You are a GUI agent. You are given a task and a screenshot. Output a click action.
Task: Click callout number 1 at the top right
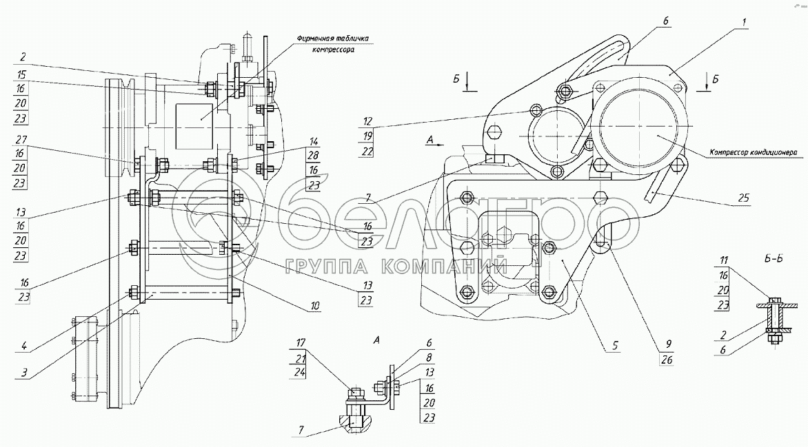click(x=744, y=23)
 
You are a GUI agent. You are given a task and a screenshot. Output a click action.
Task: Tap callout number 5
click(x=615, y=346)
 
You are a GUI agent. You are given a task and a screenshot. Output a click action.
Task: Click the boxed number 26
click(x=667, y=360)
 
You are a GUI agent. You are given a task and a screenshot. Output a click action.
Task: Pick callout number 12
click(x=367, y=121)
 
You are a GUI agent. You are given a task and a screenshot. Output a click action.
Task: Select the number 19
click(x=367, y=136)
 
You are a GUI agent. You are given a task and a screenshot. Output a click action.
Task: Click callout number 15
click(x=20, y=74)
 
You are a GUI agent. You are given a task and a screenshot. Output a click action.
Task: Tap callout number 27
click(x=20, y=138)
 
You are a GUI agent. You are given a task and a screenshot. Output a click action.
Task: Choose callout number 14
click(x=314, y=141)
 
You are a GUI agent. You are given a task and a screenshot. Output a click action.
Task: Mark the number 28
click(x=313, y=156)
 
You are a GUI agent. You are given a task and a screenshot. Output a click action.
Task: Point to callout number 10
click(x=314, y=306)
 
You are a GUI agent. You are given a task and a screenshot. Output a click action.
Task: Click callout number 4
click(x=24, y=346)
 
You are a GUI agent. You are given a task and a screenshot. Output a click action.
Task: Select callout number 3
click(x=24, y=373)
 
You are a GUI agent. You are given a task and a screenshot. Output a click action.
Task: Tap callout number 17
click(x=301, y=342)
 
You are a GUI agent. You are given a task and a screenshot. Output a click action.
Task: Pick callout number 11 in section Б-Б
click(x=723, y=260)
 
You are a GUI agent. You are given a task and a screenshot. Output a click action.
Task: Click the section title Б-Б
click(x=774, y=258)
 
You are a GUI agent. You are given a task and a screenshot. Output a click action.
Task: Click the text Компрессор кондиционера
click(x=754, y=152)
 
